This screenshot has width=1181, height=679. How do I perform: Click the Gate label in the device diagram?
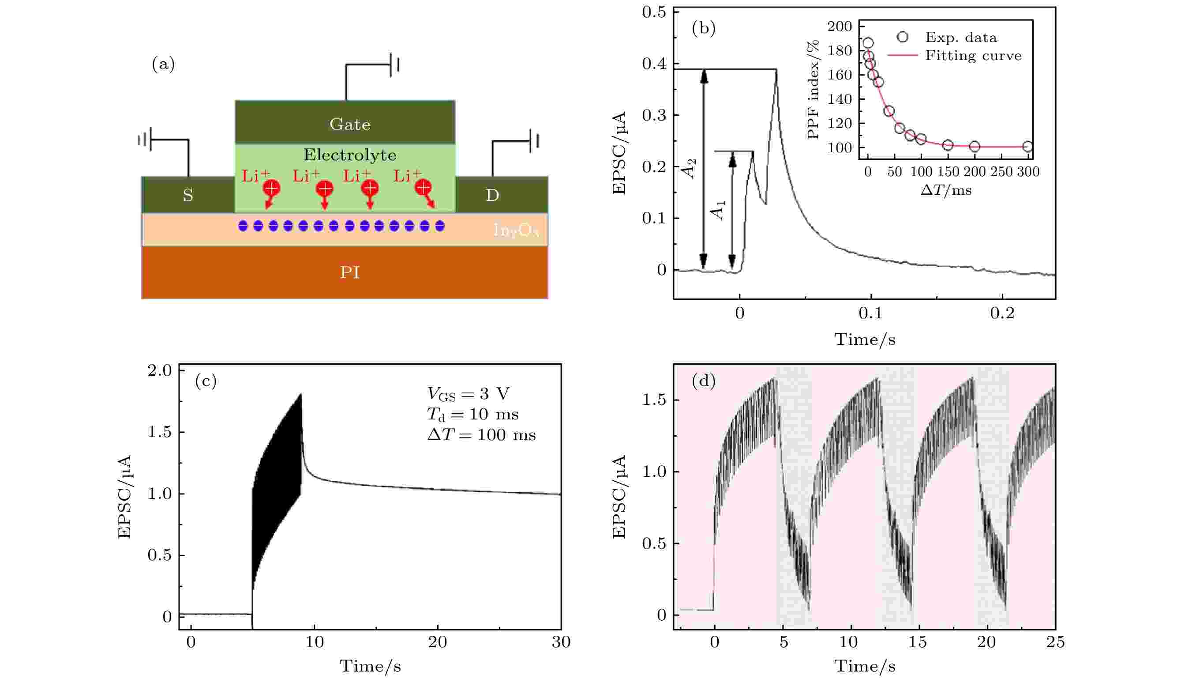click(x=349, y=124)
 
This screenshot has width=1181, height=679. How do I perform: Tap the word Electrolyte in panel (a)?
click(x=349, y=155)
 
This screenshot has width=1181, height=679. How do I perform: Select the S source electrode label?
click(x=188, y=196)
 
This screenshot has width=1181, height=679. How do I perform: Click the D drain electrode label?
click(x=492, y=196)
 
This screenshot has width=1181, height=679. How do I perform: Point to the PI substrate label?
click(x=349, y=272)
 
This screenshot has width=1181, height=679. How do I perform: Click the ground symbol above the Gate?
click(x=394, y=64)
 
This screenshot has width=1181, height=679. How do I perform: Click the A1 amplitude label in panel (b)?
click(x=718, y=210)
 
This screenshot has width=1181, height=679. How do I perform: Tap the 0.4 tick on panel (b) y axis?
click(x=654, y=64)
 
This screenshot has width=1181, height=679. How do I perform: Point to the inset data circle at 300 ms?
click(x=1028, y=147)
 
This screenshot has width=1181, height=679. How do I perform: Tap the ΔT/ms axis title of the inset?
click(x=946, y=190)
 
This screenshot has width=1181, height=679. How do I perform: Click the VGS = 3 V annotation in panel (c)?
click(x=468, y=394)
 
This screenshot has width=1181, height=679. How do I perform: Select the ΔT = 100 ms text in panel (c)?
click(x=481, y=435)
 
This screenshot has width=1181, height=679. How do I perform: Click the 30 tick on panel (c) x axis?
click(x=560, y=643)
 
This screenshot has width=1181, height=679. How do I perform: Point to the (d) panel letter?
click(x=704, y=381)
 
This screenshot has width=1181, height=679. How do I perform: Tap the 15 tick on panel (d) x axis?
click(x=917, y=643)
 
